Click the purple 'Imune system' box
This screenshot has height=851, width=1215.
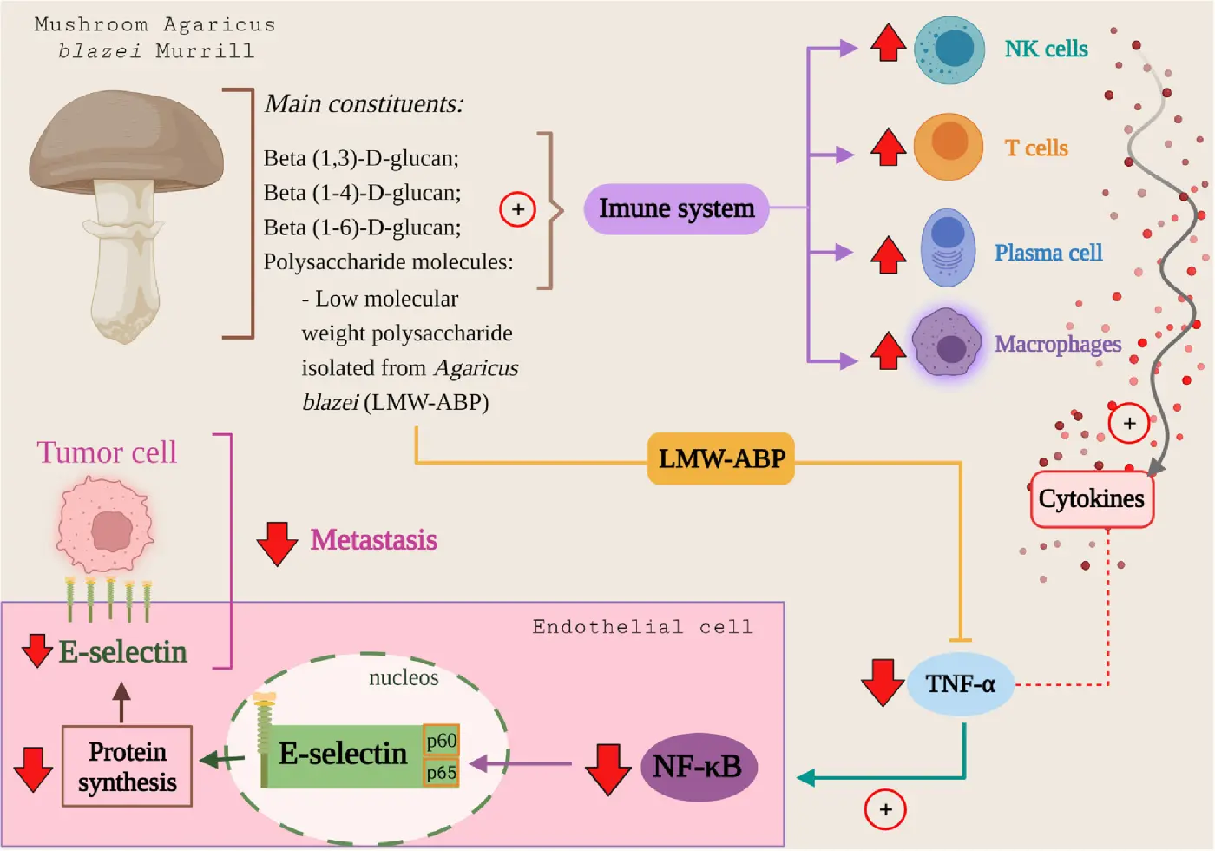pos(676,209)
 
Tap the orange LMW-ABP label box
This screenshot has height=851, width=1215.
pos(721,458)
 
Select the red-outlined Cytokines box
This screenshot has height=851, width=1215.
pos(1092,499)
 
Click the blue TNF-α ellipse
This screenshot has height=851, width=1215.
pos(960,684)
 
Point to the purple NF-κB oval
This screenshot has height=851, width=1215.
pos(698,767)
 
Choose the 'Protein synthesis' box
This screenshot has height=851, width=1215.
pos(127,767)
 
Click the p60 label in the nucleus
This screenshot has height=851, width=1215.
pos(441,741)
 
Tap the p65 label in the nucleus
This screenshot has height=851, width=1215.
pos(441,772)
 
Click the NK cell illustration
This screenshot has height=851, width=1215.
pos(949,49)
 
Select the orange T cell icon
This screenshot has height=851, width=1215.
pos(949,146)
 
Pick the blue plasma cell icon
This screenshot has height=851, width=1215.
pos(948,248)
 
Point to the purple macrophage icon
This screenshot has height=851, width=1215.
pos(947,343)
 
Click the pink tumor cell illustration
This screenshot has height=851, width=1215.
pos(106,526)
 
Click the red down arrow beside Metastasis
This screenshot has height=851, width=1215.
pos(278,544)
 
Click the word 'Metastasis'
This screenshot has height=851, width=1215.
pos(374,540)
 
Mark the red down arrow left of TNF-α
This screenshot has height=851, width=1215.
pos(883,682)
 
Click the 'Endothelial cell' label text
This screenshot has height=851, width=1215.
pos(642,627)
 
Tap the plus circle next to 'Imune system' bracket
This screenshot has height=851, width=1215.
pos(518,209)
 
